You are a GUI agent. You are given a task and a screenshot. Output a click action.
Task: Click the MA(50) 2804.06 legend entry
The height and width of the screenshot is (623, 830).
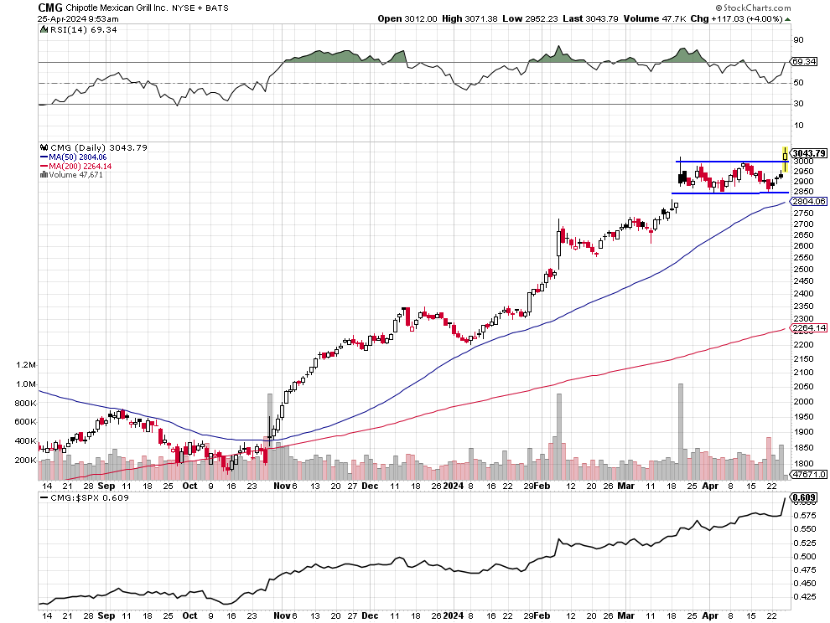pos(77,157)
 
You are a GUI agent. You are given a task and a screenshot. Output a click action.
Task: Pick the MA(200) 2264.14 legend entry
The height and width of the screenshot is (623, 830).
pos(80,166)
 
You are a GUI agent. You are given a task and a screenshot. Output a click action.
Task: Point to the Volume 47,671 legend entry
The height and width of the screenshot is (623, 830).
pos(75,175)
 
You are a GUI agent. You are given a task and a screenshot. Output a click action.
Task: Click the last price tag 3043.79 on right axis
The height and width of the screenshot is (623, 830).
pos(809,153)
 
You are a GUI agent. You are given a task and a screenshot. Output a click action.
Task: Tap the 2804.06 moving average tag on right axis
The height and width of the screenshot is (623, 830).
pos(809,201)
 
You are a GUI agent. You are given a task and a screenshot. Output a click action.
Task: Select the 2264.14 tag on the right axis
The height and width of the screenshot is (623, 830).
pos(809,328)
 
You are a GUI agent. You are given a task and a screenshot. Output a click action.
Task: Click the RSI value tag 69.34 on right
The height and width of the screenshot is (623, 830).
pos(804,61)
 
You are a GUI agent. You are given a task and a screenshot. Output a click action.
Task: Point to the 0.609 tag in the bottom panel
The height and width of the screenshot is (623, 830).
pos(804,497)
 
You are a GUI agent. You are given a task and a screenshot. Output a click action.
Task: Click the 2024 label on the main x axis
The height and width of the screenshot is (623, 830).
pos(453,485)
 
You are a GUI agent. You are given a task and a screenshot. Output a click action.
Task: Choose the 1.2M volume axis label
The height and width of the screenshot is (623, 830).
pos(26,365)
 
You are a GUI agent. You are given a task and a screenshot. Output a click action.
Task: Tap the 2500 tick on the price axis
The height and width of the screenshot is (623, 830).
pos(803,270)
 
